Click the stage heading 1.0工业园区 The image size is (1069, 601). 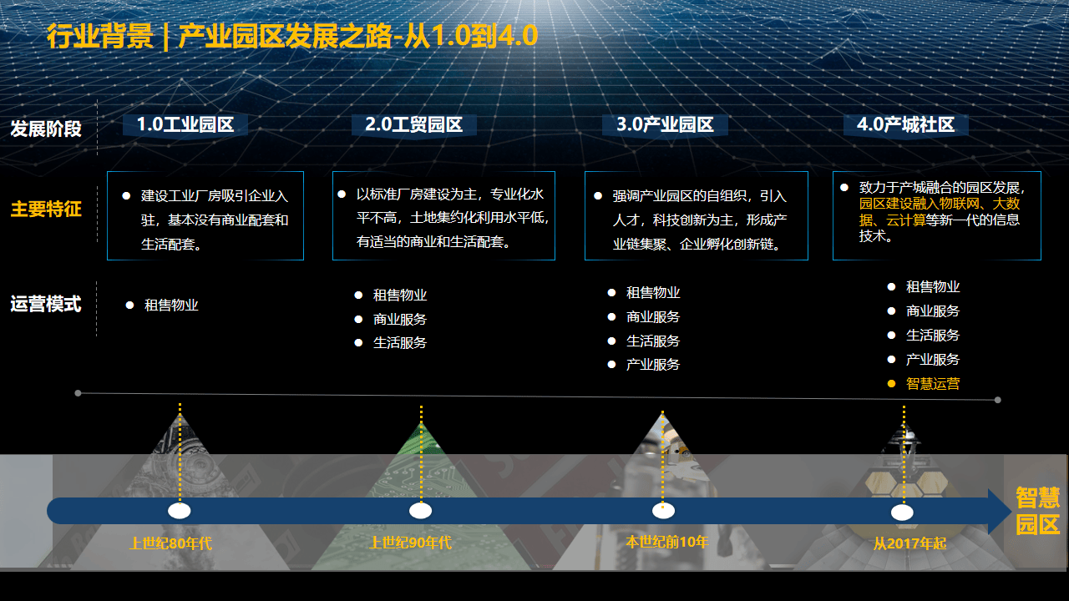[185, 124]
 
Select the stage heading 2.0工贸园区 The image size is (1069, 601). [413, 124]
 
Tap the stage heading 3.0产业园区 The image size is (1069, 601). [665, 124]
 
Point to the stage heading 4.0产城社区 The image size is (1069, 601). [905, 124]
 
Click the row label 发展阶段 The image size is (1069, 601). [46, 129]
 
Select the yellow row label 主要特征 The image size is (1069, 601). [46, 209]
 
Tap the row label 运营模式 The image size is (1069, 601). [46, 304]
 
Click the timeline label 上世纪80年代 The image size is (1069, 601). [171, 543]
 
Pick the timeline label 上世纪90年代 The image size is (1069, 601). [410, 543]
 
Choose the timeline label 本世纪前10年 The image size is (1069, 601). [666, 542]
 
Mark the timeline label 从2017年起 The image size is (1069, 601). [909, 543]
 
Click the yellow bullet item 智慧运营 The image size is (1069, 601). [933, 383]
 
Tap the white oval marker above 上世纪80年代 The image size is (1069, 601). [180, 511]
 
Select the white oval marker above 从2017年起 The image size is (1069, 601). [902, 513]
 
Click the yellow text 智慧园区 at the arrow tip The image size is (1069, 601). [1037, 511]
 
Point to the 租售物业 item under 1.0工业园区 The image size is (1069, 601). [171, 305]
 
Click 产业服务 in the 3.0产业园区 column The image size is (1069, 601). [653, 365]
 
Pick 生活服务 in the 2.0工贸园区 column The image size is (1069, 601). [400, 342]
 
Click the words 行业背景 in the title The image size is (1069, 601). [100, 36]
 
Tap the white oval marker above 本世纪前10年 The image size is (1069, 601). [663, 511]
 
